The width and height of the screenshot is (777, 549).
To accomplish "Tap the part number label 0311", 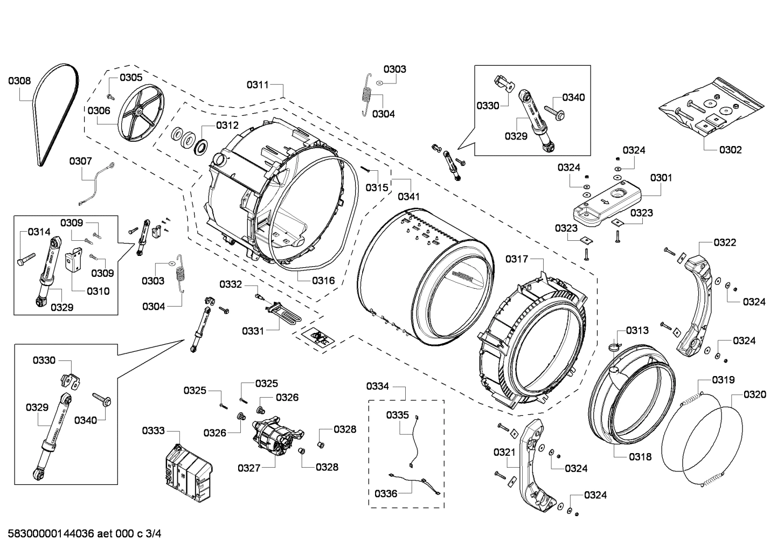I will click(258, 85).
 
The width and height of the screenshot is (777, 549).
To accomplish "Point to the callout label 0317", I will click(516, 260).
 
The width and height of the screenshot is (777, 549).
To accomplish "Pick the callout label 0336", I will click(385, 494).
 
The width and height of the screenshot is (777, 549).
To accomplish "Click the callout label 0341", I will click(408, 197).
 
